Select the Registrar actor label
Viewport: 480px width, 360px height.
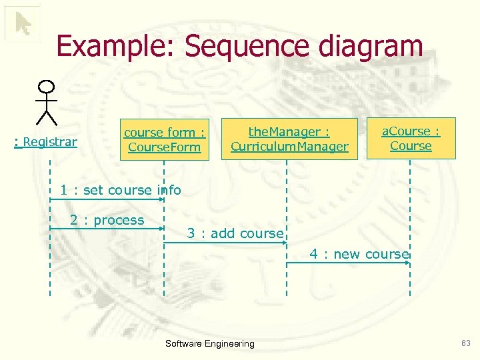[x=46, y=141]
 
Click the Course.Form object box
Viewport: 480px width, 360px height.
[x=164, y=140]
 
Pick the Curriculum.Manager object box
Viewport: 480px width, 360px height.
[x=289, y=139]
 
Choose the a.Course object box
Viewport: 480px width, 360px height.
[x=411, y=139]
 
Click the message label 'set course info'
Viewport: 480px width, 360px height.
[x=121, y=190]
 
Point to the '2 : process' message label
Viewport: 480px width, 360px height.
[x=107, y=220]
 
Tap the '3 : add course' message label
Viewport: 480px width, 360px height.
[x=235, y=233]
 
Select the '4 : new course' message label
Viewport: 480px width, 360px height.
[x=359, y=254]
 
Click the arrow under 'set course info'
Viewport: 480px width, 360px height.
[x=107, y=199]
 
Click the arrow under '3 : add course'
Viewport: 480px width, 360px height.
[x=225, y=243]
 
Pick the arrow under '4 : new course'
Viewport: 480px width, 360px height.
[x=348, y=263]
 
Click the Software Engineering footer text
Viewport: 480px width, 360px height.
[x=209, y=344]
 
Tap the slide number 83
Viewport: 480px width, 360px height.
[x=465, y=343]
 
